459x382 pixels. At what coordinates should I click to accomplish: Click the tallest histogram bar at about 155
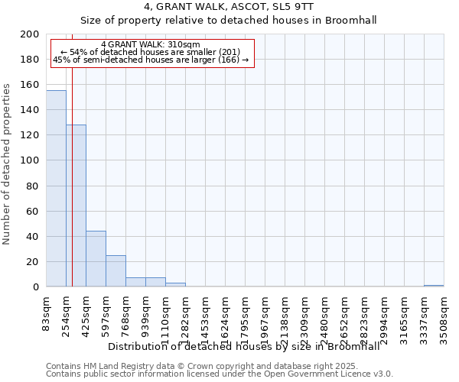pyautogui.click(x=56, y=189)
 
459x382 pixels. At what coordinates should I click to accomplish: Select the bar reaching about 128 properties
pyautogui.click(x=76, y=206)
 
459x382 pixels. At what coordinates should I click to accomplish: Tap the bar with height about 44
pyautogui.click(x=96, y=259)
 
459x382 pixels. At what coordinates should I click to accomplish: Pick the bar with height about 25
pyautogui.click(x=116, y=271)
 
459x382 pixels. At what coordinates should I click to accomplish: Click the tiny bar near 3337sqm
pyautogui.click(x=434, y=286)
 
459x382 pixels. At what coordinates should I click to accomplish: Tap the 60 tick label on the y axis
pyautogui.click(x=32, y=211)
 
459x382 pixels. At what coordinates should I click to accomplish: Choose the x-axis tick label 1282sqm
pyautogui.click(x=185, y=316)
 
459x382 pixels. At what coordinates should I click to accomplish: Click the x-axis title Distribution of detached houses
pyautogui.click(x=243, y=347)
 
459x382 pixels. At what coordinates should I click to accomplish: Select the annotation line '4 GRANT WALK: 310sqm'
pyautogui.click(x=151, y=45)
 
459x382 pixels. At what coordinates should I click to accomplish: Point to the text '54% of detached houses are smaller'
pyautogui.click(x=150, y=52)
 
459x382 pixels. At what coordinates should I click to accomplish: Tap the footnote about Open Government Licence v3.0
pyautogui.click(x=220, y=374)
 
